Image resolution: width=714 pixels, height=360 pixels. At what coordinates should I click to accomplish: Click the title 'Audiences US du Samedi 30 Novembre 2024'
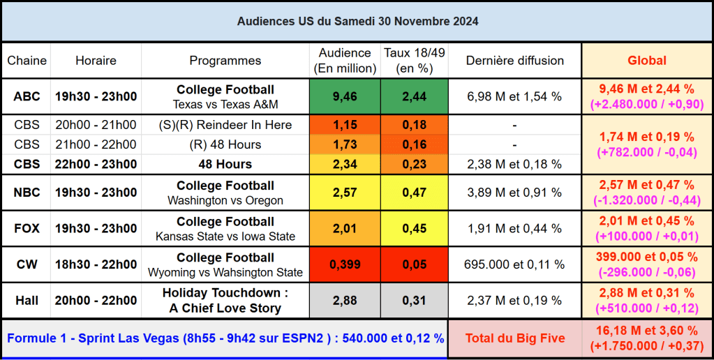tap(357, 22)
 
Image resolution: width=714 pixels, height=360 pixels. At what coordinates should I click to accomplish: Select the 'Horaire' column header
tap(96, 61)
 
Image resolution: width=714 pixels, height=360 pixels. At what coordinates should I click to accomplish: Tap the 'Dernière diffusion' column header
tap(514, 61)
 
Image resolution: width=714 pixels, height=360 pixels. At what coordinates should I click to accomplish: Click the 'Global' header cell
tap(647, 61)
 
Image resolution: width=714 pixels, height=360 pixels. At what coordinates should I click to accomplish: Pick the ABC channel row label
tap(27, 96)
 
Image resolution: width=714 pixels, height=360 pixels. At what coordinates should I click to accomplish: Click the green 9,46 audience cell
tap(345, 96)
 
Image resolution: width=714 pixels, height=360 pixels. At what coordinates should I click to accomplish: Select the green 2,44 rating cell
tap(414, 96)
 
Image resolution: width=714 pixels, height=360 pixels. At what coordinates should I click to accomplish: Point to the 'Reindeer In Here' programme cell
tap(225, 125)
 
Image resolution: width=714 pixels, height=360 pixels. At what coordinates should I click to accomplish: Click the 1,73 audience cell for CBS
tap(345, 144)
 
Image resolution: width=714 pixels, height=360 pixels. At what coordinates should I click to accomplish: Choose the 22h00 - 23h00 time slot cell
tap(96, 164)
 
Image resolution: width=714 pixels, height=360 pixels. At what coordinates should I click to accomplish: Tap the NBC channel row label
tap(27, 193)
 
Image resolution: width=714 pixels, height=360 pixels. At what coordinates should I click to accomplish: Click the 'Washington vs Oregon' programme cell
tap(225, 193)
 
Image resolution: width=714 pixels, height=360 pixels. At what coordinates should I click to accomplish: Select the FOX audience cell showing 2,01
tap(345, 229)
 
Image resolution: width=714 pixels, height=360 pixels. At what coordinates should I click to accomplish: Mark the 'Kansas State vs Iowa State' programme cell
tap(225, 229)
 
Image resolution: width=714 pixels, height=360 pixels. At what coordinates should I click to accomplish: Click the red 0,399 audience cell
tap(345, 264)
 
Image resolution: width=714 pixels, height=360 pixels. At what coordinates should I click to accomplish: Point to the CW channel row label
tap(27, 264)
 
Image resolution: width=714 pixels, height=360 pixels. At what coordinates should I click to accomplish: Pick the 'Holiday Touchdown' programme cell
tap(225, 300)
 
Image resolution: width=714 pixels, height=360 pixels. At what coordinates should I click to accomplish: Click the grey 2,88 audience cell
tap(345, 300)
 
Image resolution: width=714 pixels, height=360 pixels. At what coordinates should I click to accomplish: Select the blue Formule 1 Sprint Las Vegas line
tap(225, 338)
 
